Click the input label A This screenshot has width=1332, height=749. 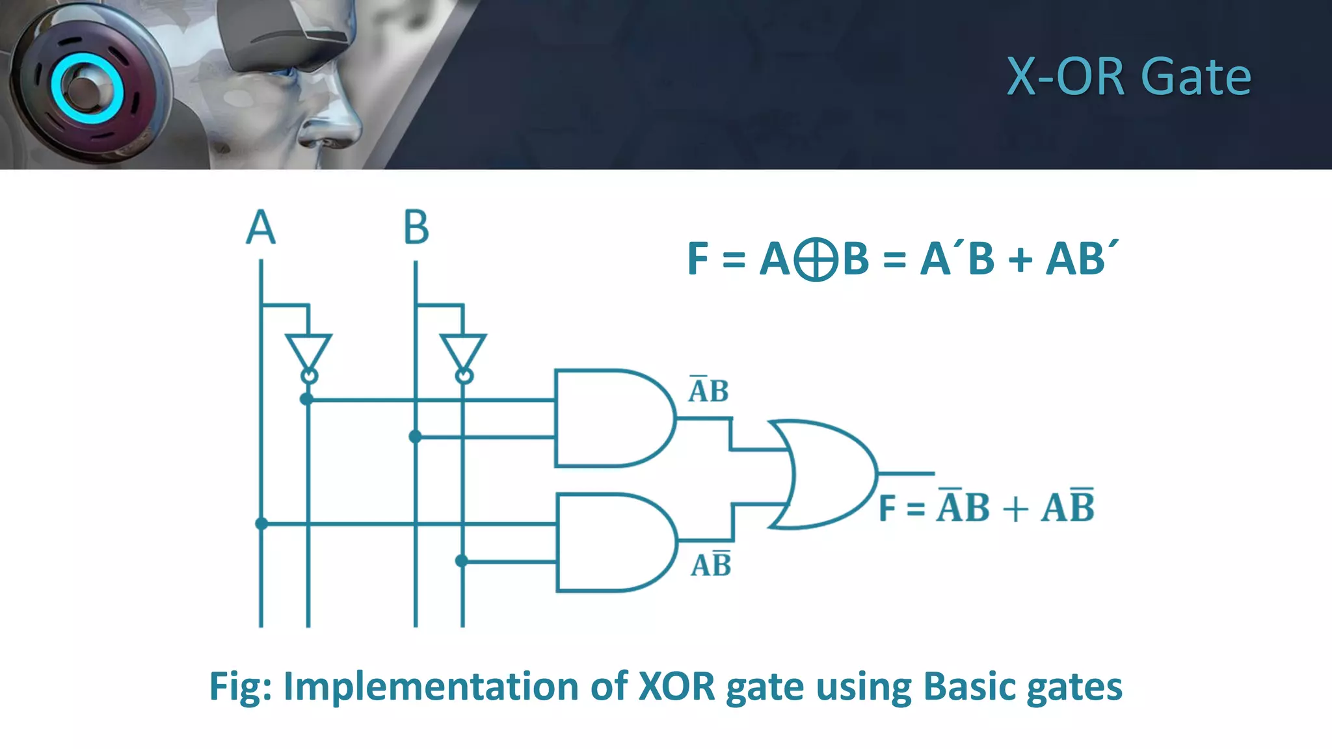[261, 227]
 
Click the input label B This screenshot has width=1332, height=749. [416, 227]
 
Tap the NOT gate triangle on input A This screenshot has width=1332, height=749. [308, 352]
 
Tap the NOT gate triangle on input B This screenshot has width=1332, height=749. [463, 352]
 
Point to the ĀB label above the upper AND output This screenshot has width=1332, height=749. [708, 390]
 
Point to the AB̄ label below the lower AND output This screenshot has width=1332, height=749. [711, 564]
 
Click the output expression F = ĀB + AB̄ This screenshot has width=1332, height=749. [986, 507]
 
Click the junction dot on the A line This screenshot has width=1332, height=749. [261, 523]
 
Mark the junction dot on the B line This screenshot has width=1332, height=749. [416, 437]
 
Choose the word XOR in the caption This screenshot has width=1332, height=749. [677, 687]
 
